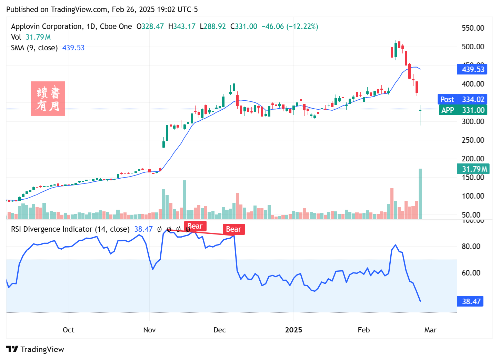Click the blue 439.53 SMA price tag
click(x=472, y=69)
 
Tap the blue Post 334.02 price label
click(x=462, y=99)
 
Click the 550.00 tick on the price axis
click(x=473, y=28)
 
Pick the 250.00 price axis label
click(x=473, y=140)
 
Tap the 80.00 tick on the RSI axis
click(x=471, y=246)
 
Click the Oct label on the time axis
click(x=68, y=330)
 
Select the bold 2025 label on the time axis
click(x=293, y=330)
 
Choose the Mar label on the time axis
click(x=430, y=330)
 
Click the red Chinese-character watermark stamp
click(x=48, y=99)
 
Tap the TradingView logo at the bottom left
click(x=35, y=349)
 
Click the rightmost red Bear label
click(x=233, y=229)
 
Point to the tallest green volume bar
click(x=420, y=193)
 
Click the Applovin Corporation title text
click(x=47, y=27)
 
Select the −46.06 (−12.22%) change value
click(x=290, y=27)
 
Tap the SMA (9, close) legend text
click(x=34, y=48)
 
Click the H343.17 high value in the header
click(x=182, y=27)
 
